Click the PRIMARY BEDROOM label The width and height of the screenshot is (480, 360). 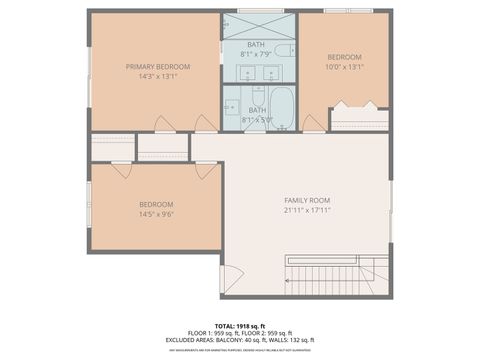pyautogui.click(x=157, y=67)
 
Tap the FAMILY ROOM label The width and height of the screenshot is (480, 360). pyautogui.click(x=307, y=201)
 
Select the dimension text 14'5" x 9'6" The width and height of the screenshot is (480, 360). pyautogui.click(x=156, y=214)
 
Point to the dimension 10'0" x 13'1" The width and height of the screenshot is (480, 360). pyautogui.click(x=344, y=67)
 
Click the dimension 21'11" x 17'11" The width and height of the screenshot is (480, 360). pyautogui.click(x=307, y=211)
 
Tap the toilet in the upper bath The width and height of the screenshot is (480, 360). pyautogui.click(x=284, y=50)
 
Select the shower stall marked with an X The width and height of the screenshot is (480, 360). pyautogui.click(x=258, y=26)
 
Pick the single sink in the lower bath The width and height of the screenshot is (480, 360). pyautogui.click(x=232, y=107)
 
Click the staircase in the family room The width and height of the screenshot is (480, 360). pyautogui.click(x=322, y=274)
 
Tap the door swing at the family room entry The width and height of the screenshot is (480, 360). pyautogui.click(x=232, y=280)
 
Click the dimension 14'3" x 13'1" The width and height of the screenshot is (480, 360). pyautogui.click(x=157, y=77)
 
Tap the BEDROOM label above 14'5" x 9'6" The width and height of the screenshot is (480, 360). pyautogui.click(x=156, y=204)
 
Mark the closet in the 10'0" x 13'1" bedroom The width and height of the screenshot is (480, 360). pyautogui.click(x=358, y=119)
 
